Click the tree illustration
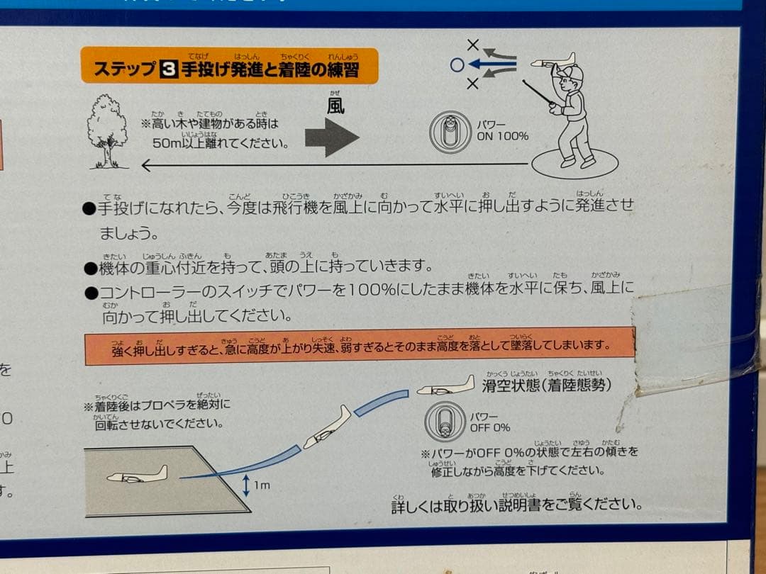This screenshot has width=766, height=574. point(107,132)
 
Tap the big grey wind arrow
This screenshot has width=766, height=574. point(332,137)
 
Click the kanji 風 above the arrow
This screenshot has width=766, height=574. point(335,106)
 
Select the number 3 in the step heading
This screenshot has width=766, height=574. point(169,69)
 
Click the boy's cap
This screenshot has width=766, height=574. point(571,73)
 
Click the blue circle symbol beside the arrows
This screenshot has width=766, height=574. point(457,65)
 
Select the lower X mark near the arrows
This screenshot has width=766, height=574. point(473,84)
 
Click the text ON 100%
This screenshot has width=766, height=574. point(502,136)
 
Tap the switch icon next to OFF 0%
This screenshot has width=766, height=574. point(445,422)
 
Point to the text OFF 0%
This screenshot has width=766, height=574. point(489,427)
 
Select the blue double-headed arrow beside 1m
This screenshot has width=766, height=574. point(245,485)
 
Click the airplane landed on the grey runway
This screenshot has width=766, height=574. point(137,475)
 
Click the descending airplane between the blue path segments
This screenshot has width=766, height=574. point(327,427)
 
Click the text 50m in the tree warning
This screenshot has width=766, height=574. point(168,142)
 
